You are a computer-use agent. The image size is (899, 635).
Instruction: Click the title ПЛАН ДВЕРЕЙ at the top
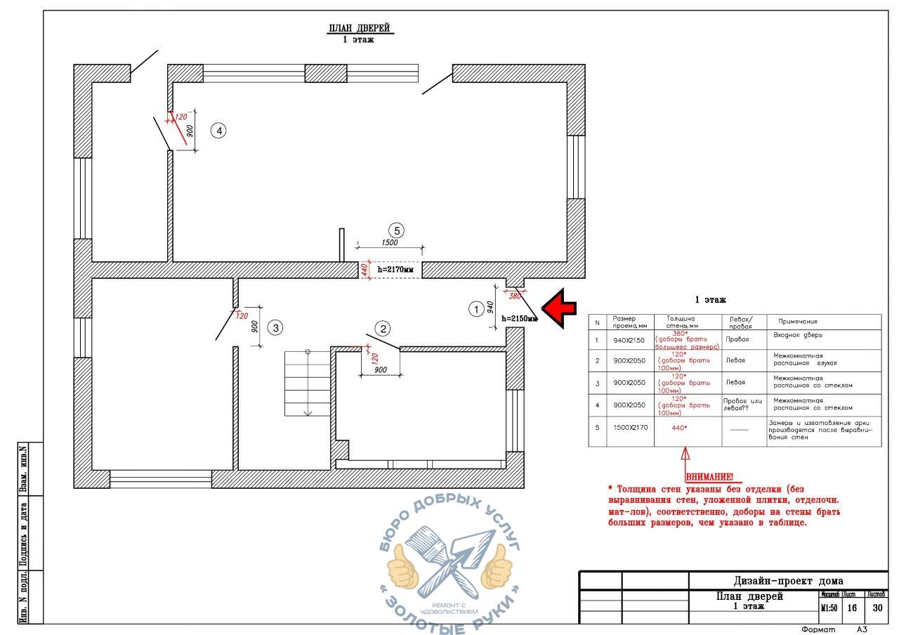coord(359,29)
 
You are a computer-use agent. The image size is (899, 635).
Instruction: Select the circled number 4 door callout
coord(219,131)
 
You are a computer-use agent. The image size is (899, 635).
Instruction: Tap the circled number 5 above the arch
coord(397,230)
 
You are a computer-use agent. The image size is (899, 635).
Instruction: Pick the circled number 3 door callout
coord(276,327)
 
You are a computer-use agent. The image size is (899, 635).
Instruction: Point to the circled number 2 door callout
coord(383,328)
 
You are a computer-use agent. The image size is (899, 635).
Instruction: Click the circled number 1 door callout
coord(476,308)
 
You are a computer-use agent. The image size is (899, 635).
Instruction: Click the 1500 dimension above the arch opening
coord(389,242)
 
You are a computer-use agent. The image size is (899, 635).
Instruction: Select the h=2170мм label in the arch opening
coord(395,269)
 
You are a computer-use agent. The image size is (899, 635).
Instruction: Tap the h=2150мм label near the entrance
coord(519,319)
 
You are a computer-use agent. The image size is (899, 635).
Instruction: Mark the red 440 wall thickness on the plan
coord(365,269)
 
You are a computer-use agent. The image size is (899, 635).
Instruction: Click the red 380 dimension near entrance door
coord(515,296)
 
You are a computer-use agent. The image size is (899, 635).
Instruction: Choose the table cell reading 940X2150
coord(629,340)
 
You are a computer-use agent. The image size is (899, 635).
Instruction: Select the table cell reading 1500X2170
coord(629,427)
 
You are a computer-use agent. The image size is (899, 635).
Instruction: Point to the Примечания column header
coord(798,321)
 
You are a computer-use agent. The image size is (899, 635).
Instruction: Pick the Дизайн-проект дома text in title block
coord(788,581)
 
